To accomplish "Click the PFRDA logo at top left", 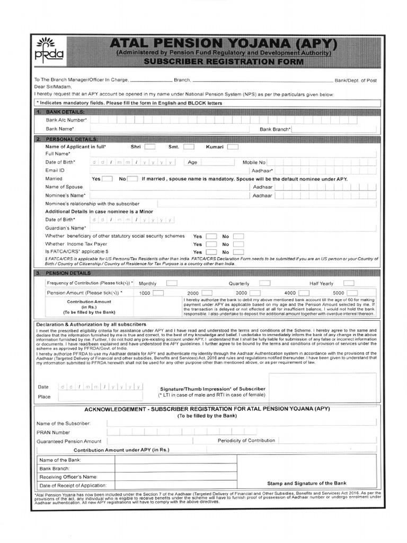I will click(48, 49).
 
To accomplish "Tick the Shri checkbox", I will click(150, 146).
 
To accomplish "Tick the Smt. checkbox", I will click(189, 146).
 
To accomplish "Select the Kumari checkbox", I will click(232, 146).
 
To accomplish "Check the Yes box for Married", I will click(107, 179).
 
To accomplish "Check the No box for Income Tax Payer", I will click(238, 244).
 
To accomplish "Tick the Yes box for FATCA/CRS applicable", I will click(211, 252).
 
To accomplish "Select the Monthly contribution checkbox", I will click(171, 283).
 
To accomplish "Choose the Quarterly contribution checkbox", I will click(264, 283).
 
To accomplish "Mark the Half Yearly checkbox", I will click(349, 283).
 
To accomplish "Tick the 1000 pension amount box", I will click(158, 292).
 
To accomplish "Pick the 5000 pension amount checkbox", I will click(353, 292).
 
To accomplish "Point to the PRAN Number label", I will click(53, 432).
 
